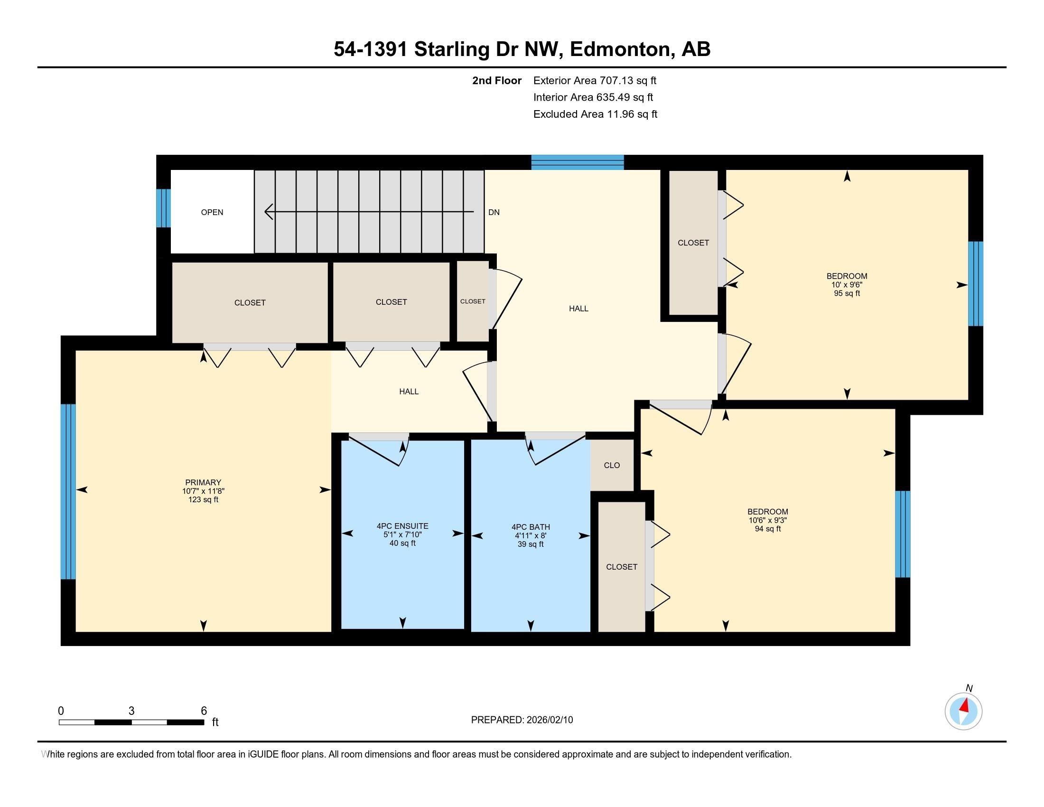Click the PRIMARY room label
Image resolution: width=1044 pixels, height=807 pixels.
point(203,482)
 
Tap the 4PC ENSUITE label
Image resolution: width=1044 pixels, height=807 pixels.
point(402,526)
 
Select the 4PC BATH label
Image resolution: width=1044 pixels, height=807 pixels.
point(531,527)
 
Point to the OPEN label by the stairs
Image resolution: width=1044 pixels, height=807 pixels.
point(212,212)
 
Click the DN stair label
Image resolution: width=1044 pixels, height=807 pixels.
point(494,212)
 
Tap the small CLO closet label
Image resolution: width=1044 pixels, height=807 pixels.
point(612,465)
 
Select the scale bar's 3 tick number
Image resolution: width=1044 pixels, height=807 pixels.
point(131,711)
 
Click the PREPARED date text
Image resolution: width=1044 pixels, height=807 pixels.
point(522,720)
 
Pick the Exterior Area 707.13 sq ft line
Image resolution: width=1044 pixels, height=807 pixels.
point(595,80)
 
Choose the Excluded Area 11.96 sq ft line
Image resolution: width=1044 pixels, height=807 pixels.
point(595,114)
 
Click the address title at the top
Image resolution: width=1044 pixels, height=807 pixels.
point(522,49)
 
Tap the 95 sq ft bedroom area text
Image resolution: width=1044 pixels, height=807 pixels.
point(847,293)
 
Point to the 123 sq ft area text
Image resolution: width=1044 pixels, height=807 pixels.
point(203,499)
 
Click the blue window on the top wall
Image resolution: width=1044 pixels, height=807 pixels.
point(578,162)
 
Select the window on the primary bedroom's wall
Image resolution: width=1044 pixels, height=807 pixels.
point(68,491)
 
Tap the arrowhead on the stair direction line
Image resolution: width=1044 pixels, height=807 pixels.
point(269,211)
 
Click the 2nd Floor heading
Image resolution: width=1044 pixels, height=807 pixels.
point(497,80)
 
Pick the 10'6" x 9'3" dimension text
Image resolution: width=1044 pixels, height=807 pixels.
point(768,520)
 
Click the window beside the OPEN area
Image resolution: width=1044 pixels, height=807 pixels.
point(164,208)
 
